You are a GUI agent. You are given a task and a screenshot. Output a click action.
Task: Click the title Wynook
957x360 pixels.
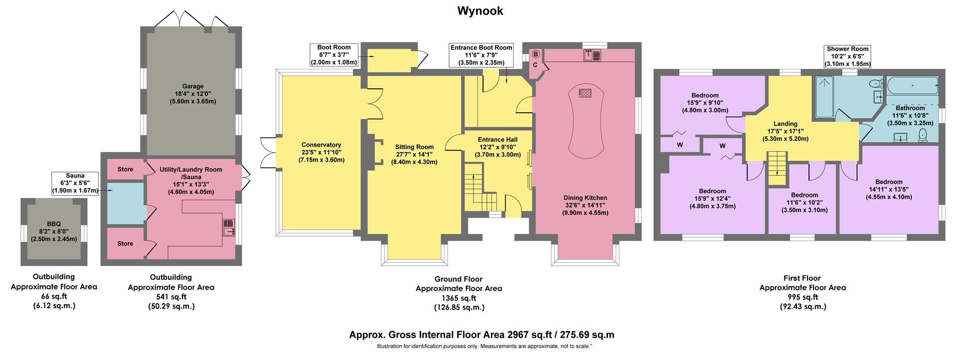[480, 11]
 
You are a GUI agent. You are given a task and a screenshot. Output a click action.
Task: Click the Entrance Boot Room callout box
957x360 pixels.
[480, 55]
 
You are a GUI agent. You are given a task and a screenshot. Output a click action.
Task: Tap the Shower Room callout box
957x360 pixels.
[847, 56]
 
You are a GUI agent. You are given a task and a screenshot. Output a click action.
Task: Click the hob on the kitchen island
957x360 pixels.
[585, 93]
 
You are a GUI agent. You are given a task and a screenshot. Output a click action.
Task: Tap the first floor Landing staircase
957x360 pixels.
[777, 169]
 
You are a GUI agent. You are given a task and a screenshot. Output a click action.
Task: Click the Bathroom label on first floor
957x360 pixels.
[910, 115]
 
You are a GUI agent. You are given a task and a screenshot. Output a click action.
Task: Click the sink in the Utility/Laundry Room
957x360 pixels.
[229, 227]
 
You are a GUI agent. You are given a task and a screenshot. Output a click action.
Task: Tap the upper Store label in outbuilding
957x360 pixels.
[125, 170]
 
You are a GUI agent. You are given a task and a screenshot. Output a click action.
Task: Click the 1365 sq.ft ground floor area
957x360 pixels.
[459, 298]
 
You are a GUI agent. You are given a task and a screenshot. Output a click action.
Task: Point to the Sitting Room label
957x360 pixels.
[414, 154]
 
